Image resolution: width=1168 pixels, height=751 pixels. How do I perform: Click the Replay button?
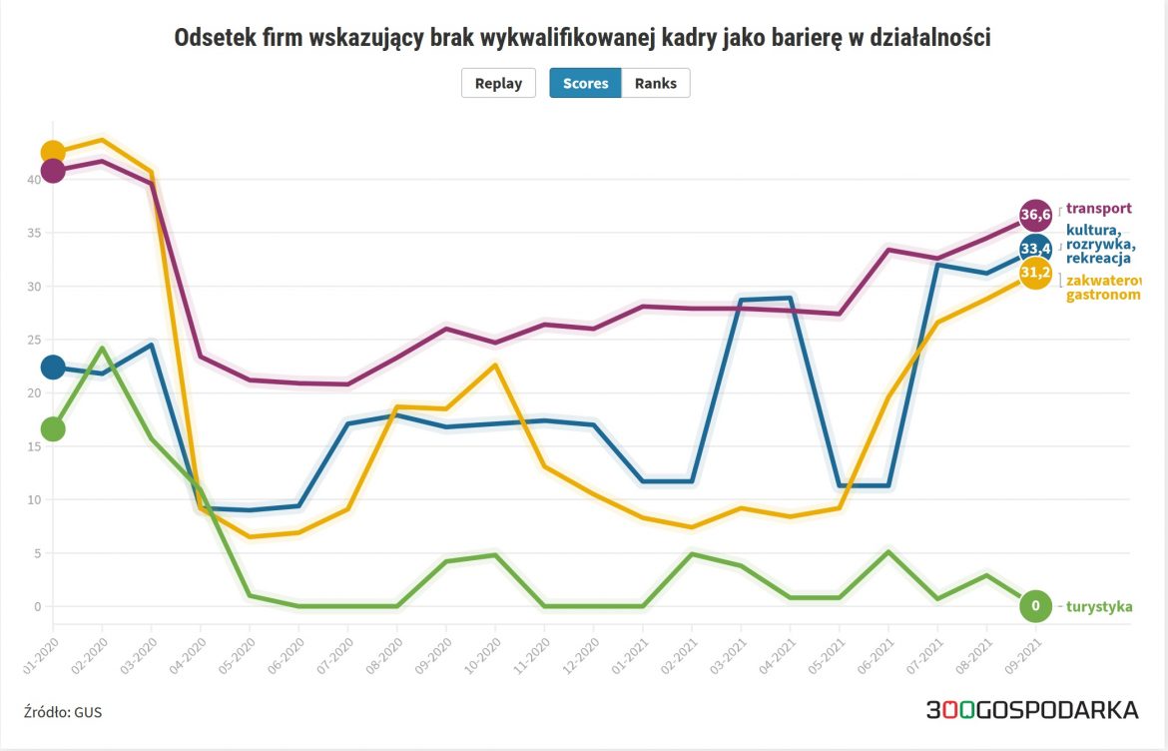(498, 83)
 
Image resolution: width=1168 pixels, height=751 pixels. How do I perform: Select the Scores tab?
(585, 83)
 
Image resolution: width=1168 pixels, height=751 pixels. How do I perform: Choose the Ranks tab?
(656, 83)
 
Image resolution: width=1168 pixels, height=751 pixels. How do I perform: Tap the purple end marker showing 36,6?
(1035, 214)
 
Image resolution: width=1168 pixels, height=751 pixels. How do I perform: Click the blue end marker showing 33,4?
(1035, 248)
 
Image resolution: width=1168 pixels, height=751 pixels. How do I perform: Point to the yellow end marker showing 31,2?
(1035, 273)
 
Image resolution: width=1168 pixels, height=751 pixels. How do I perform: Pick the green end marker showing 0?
(1035, 605)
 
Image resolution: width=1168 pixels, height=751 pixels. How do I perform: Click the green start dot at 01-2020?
(52, 429)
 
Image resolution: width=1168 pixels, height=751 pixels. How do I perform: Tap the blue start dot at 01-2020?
(52, 368)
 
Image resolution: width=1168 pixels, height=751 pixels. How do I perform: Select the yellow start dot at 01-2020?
(52, 153)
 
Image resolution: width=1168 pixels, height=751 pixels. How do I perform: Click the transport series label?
(1098, 209)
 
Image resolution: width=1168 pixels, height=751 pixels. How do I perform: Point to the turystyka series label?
(1099, 606)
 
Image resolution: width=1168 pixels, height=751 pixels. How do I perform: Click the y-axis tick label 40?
(33, 180)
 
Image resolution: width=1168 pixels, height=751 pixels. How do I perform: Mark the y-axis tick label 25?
(33, 340)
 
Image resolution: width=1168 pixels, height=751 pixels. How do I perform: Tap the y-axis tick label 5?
(36, 553)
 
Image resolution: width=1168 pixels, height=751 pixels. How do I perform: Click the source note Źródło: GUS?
(62, 712)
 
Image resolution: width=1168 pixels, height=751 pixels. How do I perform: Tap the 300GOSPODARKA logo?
(1031, 710)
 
